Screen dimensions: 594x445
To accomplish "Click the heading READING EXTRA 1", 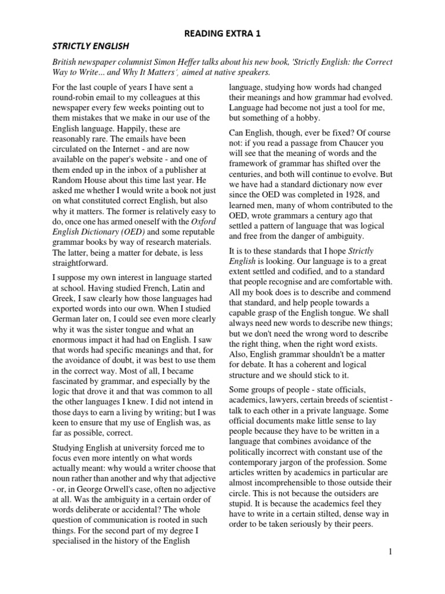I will [222, 34].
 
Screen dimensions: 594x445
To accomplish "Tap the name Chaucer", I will [357, 143].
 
